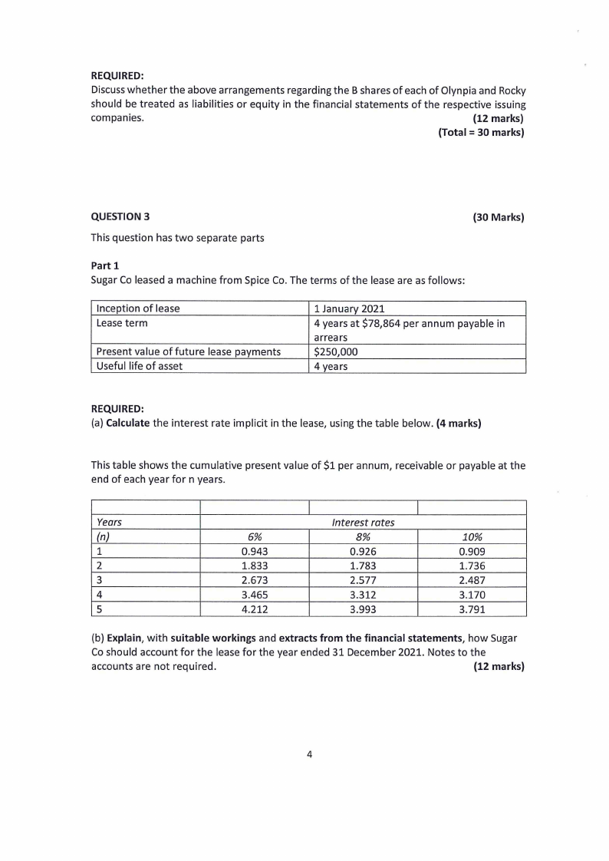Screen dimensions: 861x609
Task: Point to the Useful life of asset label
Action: pos(139,366)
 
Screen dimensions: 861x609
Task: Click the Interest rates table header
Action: pos(363,523)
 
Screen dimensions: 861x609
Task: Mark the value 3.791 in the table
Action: pos(472,609)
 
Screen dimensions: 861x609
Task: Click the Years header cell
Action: pos(109,523)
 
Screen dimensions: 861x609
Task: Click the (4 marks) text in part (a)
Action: pos(459,422)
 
